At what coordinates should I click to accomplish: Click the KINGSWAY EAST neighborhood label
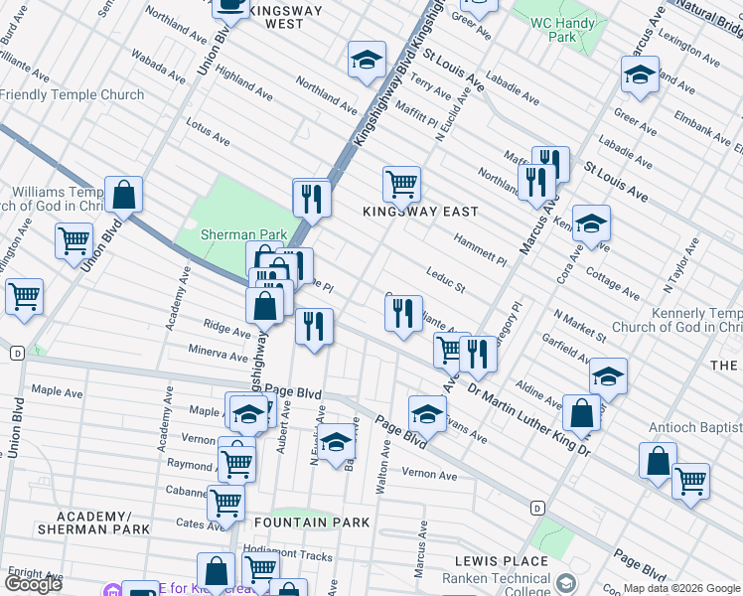click(420, 212)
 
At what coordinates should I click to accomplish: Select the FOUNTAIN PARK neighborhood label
click(311, 522)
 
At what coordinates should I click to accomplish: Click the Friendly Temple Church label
click(73, 95)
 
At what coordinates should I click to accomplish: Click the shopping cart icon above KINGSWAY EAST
click(401, 182)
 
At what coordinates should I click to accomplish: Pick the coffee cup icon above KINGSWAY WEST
click(230, 5)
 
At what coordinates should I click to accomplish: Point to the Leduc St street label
click(446, 280)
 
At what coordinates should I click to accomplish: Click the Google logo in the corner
click(34, 583)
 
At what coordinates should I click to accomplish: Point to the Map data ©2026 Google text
click(680, 588)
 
